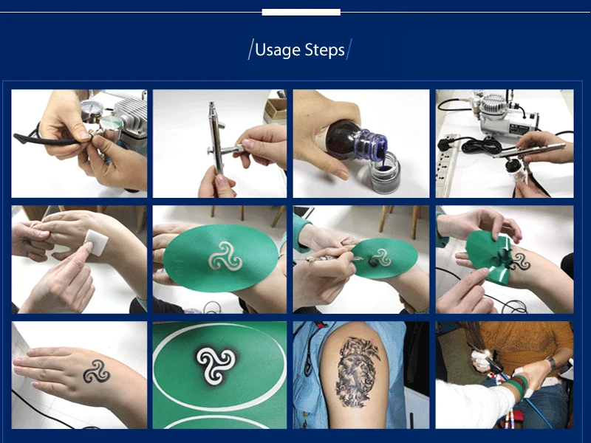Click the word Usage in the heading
coord(278,50)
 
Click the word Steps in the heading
coord(325,49)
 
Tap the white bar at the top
coord(301,13)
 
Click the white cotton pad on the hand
coord(96,241)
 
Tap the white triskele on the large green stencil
coord(225,255)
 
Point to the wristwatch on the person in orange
coord(551,363)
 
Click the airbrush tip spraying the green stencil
coord(358,259)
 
